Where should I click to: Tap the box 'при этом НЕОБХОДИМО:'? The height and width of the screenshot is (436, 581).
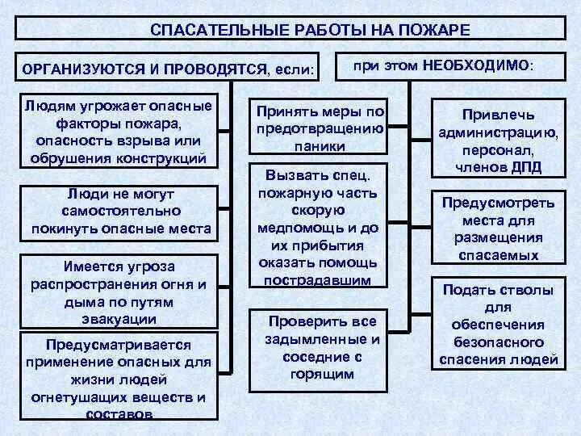click(x=443, y=65)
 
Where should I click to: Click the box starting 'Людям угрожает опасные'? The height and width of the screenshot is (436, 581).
click(x=121, y=132)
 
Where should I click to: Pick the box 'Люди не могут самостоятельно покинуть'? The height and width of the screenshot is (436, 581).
click(x=121, y=212)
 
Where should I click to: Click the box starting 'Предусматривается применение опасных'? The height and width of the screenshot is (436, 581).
click(x=121, y=376)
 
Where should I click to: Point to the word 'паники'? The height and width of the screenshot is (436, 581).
click(x=320, y=146)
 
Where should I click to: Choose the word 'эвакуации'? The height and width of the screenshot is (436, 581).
click(x=119, y=318)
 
